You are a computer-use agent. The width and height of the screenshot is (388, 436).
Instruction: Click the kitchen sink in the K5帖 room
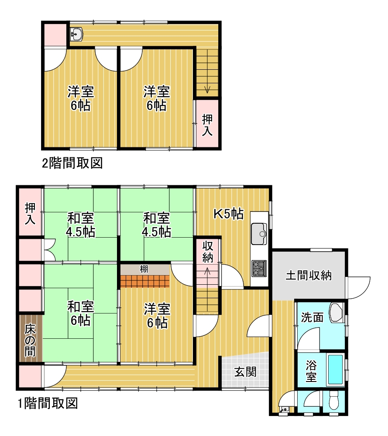259,234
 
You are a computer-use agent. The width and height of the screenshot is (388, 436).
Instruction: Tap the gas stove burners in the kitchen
259,268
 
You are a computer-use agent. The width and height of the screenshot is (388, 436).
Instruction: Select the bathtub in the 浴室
335,369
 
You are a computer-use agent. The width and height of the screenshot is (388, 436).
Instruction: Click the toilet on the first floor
333,401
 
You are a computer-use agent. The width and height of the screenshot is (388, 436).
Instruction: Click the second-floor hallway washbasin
76,34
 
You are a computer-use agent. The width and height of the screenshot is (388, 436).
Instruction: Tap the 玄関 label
245,372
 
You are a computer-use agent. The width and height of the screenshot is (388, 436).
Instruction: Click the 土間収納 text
309,275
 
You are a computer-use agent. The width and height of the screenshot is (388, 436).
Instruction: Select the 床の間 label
30,341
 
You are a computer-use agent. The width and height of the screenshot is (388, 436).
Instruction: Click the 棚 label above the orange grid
144,269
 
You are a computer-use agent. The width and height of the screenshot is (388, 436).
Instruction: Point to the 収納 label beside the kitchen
208,252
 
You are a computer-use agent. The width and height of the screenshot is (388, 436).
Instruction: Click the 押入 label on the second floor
207,126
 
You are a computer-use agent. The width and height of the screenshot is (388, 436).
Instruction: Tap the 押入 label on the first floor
30,214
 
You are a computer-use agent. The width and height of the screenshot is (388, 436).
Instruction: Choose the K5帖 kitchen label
229,214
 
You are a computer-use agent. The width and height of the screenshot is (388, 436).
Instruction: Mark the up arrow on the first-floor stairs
207,275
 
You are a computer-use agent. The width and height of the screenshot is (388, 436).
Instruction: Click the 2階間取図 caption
72,163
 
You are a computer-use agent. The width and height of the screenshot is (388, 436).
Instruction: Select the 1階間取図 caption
48,403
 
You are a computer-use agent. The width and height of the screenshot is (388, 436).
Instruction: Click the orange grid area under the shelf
145,281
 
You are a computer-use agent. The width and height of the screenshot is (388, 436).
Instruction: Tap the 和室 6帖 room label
81,313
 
